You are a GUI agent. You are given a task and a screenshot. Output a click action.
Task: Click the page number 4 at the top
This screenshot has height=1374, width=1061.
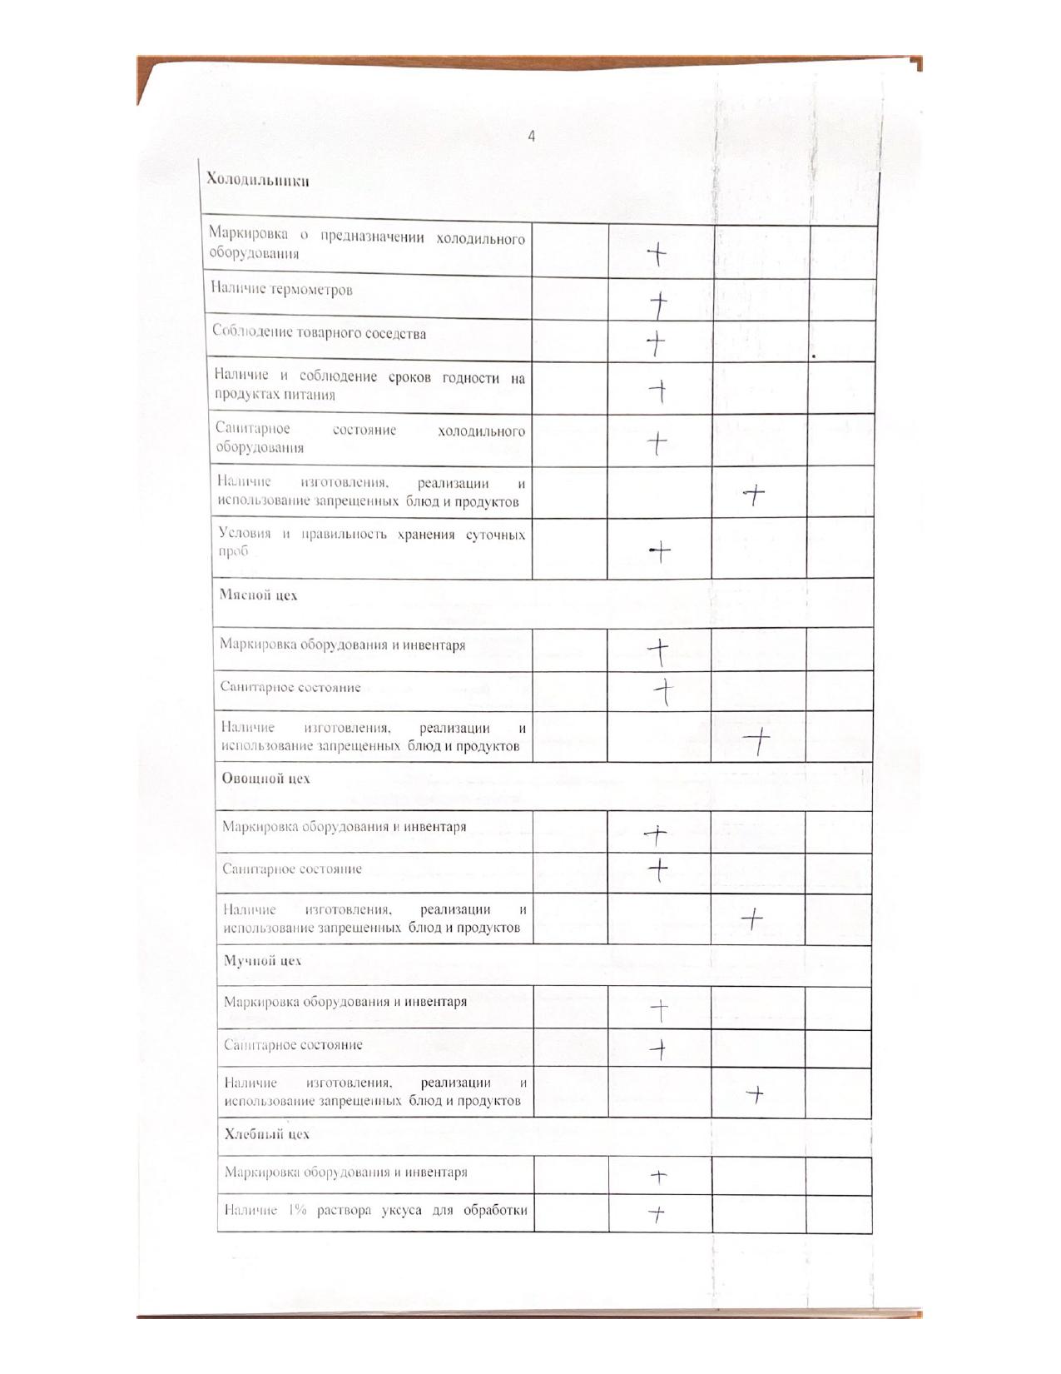pos(532,137)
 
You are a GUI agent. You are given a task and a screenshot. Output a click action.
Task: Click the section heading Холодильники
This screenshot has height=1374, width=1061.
pos(258,180)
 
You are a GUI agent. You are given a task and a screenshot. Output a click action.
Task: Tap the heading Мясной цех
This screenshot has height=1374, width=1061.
pos(258,595)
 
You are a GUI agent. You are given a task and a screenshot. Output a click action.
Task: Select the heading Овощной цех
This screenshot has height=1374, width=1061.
pos(265,778)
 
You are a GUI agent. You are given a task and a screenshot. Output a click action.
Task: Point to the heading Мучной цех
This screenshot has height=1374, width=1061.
pos(263,960)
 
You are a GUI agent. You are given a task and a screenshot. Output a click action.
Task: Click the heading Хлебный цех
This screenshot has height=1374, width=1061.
pos(266,1133)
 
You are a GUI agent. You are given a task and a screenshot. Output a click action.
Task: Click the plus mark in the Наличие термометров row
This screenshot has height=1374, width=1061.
pos(659,304)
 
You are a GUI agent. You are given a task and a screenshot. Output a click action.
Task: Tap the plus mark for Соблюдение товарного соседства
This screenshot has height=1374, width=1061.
pos(657,342)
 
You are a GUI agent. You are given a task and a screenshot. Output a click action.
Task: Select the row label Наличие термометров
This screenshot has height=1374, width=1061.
pos(281,290)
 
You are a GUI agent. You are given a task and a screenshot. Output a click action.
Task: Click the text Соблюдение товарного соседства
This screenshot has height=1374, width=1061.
pos(319,333)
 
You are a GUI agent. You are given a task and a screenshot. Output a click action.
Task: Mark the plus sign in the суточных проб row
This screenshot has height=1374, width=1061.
pos(659,550)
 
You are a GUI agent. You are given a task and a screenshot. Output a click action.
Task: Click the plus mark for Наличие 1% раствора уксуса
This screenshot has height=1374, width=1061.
pos(657,1215)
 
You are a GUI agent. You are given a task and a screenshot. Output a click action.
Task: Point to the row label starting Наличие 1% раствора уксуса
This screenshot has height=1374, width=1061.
pos(375,1210)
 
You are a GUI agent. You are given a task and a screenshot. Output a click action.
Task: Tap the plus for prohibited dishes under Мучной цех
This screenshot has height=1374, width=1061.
pos(755,1093)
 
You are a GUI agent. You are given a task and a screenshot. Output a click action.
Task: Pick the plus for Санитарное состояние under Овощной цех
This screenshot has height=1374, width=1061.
pos(658,869)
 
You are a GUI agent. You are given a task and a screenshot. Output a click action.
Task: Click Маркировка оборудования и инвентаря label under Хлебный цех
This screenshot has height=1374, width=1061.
pos(345,1172)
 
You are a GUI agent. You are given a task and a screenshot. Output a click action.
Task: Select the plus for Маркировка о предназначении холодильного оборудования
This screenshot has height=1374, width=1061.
pos(658,254)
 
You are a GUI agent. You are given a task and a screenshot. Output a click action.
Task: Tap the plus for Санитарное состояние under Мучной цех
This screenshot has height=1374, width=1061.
pos(658,1049)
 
